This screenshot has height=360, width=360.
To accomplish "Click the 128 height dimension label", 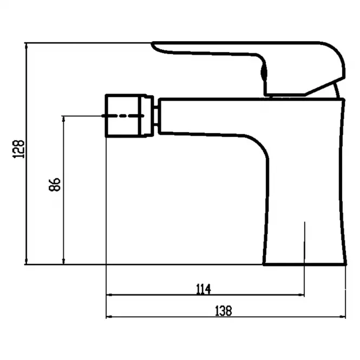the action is (x=18, y=149).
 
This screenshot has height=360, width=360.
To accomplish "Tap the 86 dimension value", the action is (x=55, y=185).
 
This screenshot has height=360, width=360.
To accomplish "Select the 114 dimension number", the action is (x=204, y=289).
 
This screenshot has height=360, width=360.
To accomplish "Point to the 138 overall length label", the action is (x=224, y=311).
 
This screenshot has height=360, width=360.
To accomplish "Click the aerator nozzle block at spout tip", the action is (x=129, y=116).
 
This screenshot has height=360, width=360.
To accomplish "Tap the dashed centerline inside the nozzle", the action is (x=123, y=116).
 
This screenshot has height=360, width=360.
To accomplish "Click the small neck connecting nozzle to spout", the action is (x=156, y=116).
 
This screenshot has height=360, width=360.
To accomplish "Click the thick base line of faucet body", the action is (x=304, y=265).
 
